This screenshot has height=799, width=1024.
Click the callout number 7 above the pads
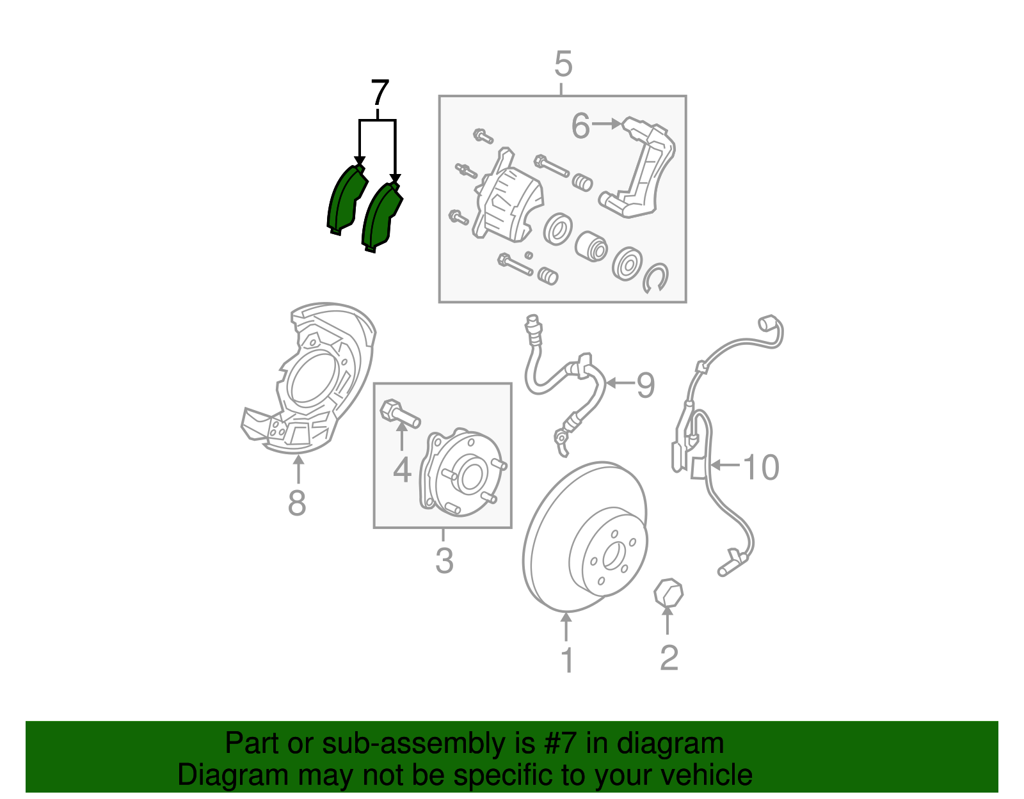[380, 94]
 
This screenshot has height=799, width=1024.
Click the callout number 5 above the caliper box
[563, 65]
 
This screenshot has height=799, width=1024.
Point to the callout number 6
[580, 125]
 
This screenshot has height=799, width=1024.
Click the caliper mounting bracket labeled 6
[646, 170]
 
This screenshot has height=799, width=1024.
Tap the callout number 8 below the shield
[296, 503]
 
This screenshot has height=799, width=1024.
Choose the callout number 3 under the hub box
[444, 560]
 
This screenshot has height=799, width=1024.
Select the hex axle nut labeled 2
[668, 592]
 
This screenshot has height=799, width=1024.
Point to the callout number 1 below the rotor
[567, 660]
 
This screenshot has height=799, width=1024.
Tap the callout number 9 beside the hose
[645, 385]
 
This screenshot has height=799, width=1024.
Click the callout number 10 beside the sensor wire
[760, 467]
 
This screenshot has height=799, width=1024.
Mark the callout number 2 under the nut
[668, 658]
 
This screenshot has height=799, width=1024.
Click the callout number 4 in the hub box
[401, 470]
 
